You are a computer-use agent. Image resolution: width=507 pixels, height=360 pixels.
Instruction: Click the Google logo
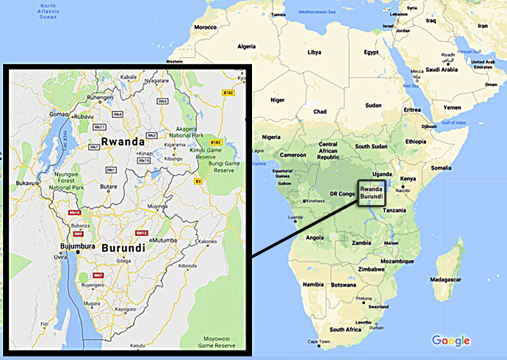[x=450, y=340]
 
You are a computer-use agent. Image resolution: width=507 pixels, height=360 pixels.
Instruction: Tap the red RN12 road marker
[x=141, y=233]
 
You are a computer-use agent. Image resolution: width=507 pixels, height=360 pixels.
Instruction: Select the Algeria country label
[x=247, y=46]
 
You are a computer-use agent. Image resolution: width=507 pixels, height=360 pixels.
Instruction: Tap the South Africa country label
[x=345, y=330]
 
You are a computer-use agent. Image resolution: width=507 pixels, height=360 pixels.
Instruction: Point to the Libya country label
[x=314, y=52]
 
